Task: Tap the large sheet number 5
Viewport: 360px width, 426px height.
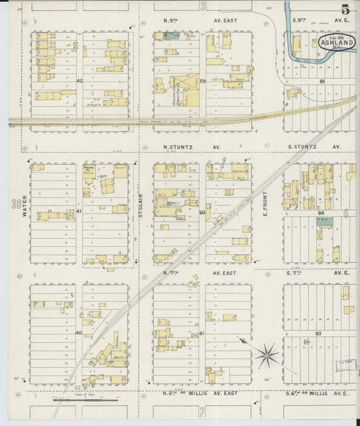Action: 345,9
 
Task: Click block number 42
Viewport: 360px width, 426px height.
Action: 79,81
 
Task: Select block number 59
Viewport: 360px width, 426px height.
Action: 202,81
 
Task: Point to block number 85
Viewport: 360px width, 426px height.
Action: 322,81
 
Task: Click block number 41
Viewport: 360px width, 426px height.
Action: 78,211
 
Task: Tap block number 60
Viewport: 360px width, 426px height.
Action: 202,212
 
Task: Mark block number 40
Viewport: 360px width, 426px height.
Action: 78,333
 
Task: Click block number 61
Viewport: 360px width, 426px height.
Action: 202,333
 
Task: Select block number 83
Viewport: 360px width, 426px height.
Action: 317,334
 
